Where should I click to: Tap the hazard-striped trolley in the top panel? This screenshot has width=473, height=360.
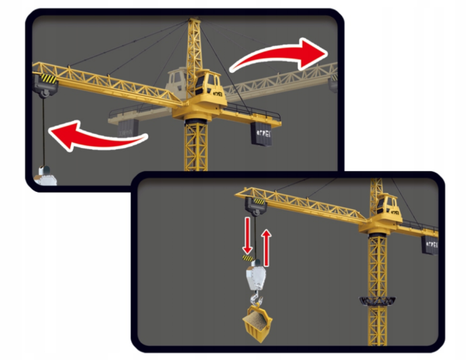[x=45, y=82]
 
